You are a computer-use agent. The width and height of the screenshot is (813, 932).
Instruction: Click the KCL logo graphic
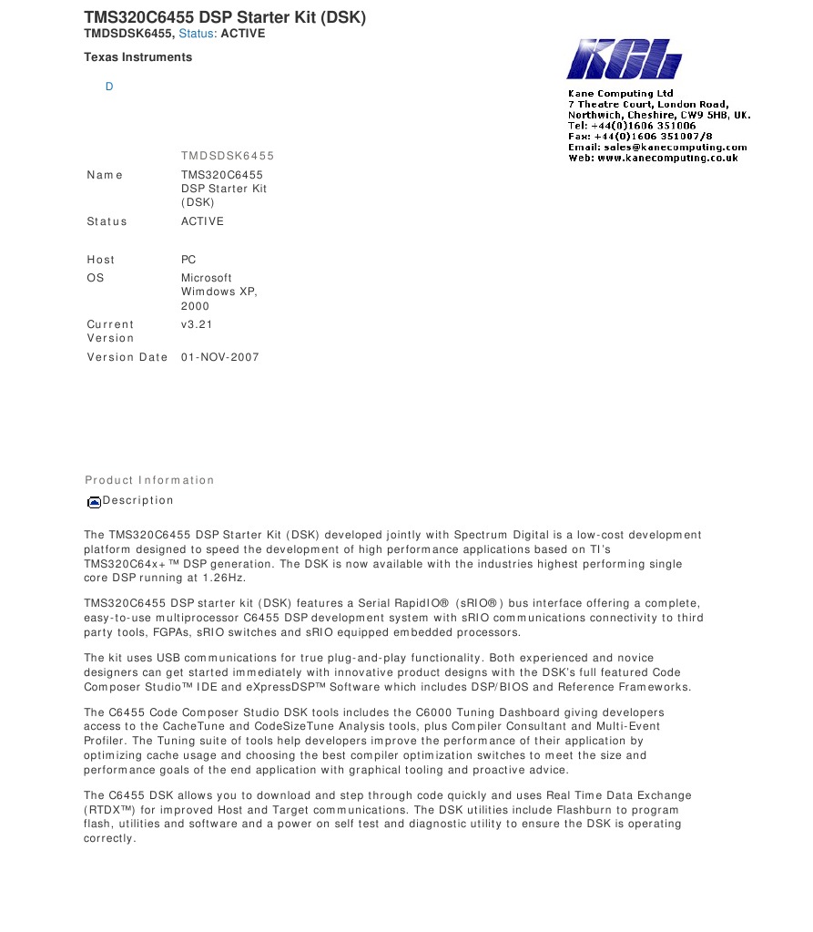coord(624,59)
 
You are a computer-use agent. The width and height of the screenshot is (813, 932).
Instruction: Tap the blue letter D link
coord(109,87)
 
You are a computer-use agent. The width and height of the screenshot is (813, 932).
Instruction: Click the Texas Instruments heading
coord(137,57)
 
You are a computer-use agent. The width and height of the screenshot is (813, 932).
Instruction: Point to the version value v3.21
coord(196,324)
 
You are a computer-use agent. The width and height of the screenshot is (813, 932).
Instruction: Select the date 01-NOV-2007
coord(219,357)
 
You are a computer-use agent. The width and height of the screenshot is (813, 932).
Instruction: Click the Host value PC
coord(188,260)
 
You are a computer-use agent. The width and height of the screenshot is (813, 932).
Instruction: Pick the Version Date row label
coord(127,357)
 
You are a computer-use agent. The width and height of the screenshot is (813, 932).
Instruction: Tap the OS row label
coord(96,278)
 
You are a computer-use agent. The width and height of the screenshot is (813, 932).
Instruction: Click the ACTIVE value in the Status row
coord(202,221)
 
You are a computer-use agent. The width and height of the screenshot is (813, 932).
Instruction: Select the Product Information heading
coord(149,480)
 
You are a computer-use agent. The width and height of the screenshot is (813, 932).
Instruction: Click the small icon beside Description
coord(94,501)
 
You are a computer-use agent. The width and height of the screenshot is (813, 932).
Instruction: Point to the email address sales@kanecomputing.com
coord(686,147)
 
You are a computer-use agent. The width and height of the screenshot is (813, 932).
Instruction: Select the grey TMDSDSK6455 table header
coord(227,156)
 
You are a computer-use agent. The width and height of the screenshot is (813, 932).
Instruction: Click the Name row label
coord(105,175)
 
